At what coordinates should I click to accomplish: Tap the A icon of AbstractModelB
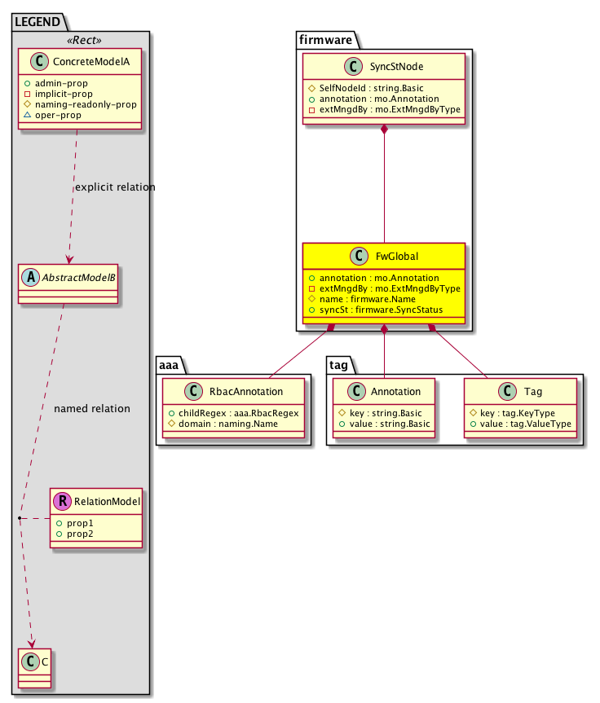30,275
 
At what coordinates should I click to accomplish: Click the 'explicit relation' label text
115,187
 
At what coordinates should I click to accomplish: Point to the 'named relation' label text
91,408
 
